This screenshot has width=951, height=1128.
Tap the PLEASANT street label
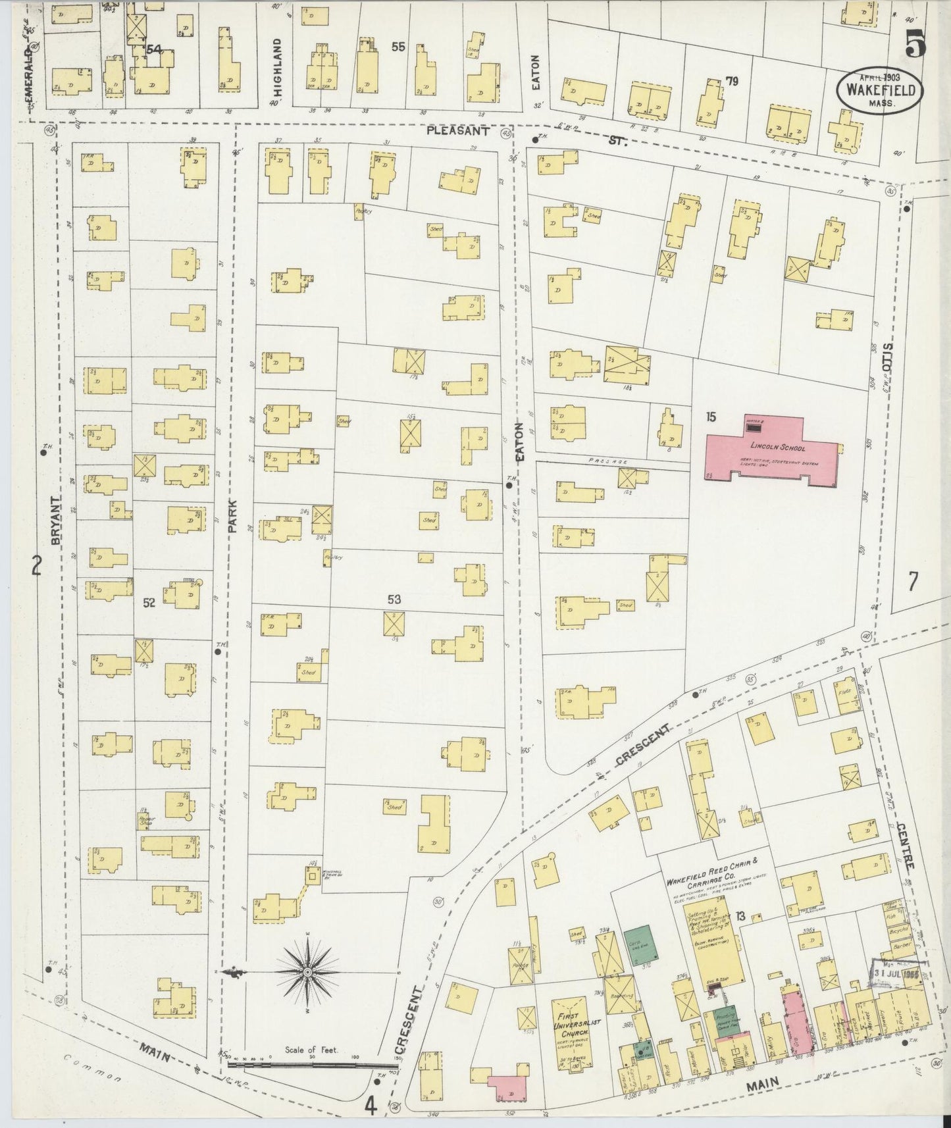coord(458,131)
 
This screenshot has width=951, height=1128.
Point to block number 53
coord(394,600)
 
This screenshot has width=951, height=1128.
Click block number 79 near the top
coord(731,82)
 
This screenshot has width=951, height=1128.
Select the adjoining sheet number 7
coord(913,581)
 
